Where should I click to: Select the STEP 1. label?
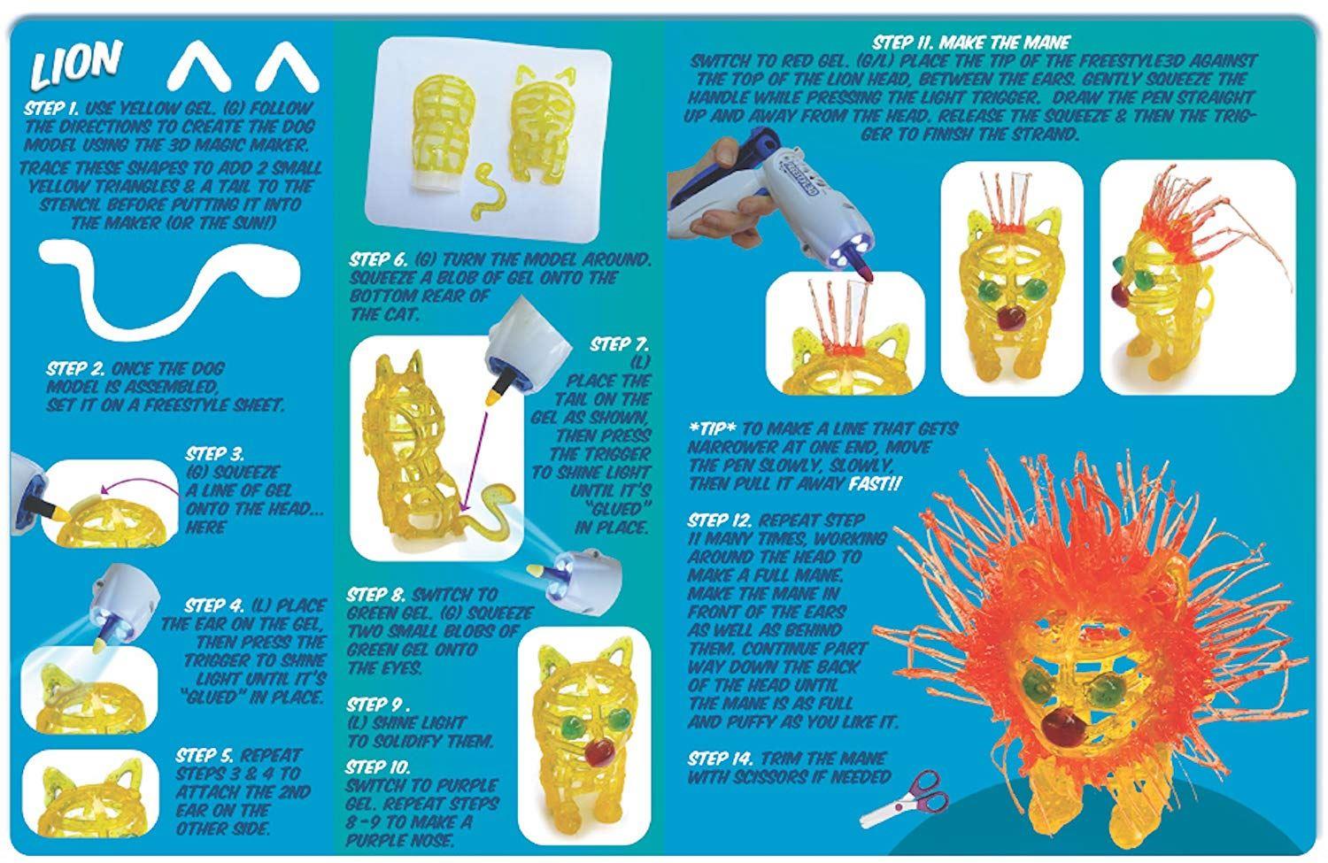pyautogui.click(x=52, y=109)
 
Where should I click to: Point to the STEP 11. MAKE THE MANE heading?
pyautogui.click(x=971, y=42)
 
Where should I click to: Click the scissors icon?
pyautogui.click(x=904, y=798)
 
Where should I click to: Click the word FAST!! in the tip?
pyautogui.click(x=875, y=483)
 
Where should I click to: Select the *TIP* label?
pyautogui.click(x=714, y=428)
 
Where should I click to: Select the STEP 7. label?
pyautogui.click(x=619, y=344)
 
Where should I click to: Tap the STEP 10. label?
pyautogui.click(x=378, y=767)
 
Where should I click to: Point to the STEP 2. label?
pyautogui.click(x=76, y=368)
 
